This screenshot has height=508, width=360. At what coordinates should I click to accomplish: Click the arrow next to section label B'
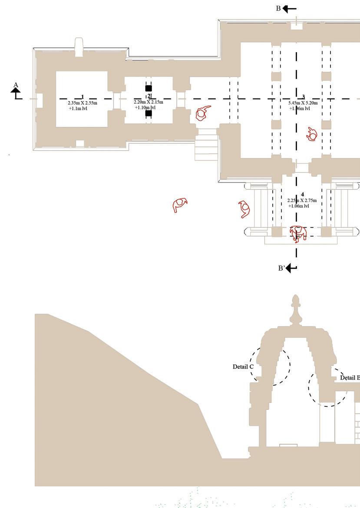pos(291,268)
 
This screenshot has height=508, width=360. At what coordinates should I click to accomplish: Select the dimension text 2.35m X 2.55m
pos(83,103)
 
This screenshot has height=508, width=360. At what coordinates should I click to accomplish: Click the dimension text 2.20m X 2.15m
pos(149,102)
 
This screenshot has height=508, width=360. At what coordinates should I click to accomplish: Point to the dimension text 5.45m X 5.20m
pos(303,103)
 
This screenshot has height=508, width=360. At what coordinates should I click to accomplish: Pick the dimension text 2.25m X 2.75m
pos(302,201)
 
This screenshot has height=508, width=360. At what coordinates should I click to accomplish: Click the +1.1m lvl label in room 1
pos(78,108)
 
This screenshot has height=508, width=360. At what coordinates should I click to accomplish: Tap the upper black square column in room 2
pos(149,89)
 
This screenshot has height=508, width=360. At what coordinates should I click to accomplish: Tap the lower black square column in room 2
pos(149,114)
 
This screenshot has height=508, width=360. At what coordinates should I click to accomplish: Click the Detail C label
pos(243,367)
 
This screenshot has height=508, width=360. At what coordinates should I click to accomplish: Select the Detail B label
pos(350,378)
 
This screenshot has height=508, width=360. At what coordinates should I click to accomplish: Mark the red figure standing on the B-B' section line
pos(298,233)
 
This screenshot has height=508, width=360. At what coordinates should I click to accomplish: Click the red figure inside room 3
pos(311,135)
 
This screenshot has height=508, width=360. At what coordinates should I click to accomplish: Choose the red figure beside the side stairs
pos(202,113)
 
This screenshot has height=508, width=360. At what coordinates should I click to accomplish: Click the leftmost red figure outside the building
pos(179,205)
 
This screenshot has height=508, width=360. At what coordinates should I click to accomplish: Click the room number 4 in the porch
pos(302,195)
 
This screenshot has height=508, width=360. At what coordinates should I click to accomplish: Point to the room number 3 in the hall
pos(304,97)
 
